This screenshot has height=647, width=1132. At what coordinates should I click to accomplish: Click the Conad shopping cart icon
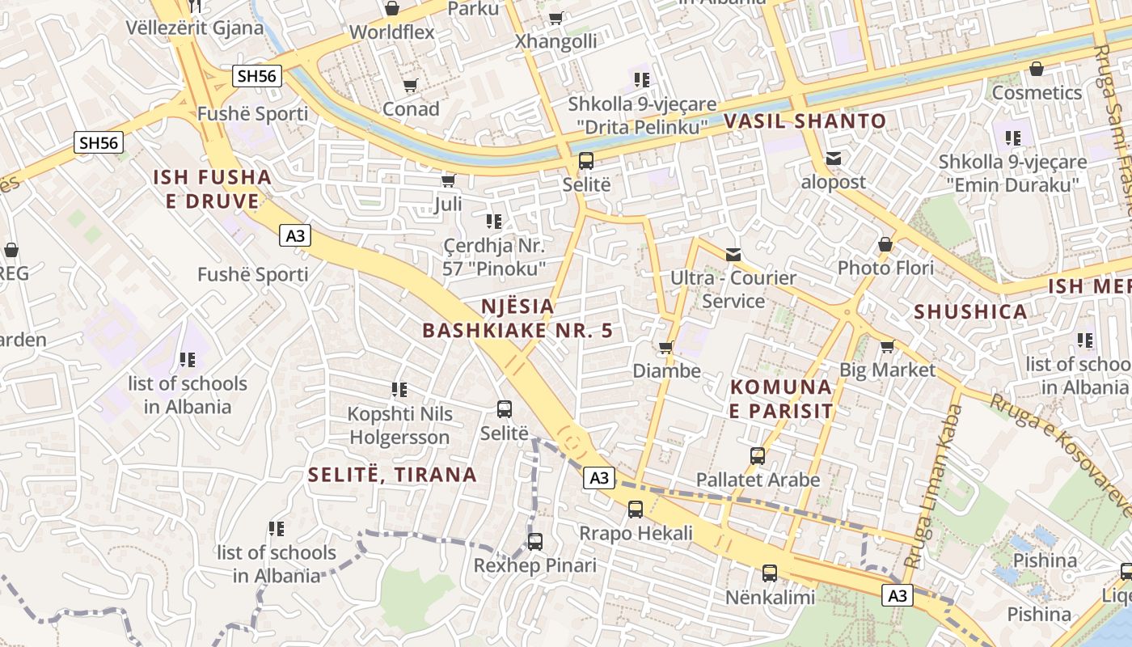pyautogui.click(x=410, y=86)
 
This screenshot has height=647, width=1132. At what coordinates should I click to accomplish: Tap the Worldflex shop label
pyautogui.click(x=392, y=32)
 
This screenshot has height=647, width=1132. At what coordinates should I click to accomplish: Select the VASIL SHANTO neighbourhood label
pyautogui.click(x=805, y=121)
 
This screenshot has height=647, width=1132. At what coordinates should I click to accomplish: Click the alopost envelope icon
pyautogui.click(x=834, y=159)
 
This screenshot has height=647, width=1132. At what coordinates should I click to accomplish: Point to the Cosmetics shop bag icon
pyautogui.click(x=1036, y=69)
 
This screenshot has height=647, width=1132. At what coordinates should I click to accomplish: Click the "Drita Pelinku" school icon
pyautogui.click(x=642, y=80)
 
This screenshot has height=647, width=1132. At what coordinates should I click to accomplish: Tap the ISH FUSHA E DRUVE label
pyautogui.click(x=213, y=189)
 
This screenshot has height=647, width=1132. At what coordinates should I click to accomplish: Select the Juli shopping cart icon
pyautogui.click(x=448, y=180)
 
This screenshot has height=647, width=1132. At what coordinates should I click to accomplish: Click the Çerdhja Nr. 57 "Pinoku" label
pyautogui.click(x=494, y=256)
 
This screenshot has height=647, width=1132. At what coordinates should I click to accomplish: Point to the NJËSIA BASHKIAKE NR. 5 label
pyautogui.click(x=517, y=319)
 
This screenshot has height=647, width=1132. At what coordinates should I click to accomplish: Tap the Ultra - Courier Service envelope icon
pyautogui.click(x=733, y=255)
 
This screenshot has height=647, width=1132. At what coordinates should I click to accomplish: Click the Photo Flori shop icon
pyautogui.click(x=885, y=244)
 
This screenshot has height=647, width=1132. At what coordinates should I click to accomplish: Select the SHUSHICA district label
pyautogui.click(x=970, y=311)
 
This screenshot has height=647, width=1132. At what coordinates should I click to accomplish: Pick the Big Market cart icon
pyautogui.click(x=887, y=347)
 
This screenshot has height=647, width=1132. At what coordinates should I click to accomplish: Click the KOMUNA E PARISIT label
pyautogui.click(x=781, y=399)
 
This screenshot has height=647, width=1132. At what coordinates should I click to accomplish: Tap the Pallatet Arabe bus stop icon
pyautogui.click(x=758, y=456)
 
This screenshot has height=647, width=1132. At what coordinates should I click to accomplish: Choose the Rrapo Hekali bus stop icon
pyautogui.click(x=636, y=510)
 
